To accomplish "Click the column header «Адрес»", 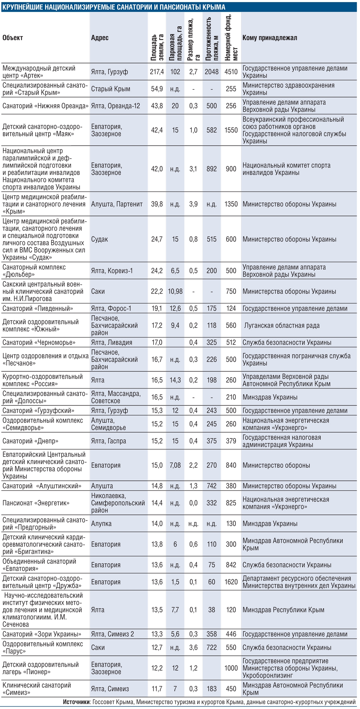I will click(100, 38).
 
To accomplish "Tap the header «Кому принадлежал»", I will click(270, 38).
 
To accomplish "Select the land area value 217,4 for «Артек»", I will click(157, 72).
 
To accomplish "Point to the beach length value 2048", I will click(211, 72).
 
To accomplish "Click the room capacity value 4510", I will click(231, 72).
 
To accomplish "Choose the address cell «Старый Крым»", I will click(111, 89).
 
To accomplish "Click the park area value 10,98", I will click(175, 291).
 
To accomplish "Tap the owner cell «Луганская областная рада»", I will click(282, 325).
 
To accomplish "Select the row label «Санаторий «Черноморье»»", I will click(39, 342).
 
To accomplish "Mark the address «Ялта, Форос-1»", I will click(111, 308).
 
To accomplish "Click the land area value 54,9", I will click(157, 89).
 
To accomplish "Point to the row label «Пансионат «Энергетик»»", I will click(36, 503).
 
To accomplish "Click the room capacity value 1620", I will click(231, 582).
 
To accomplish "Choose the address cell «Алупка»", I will click(101, 523).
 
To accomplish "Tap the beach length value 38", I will click(211, 610).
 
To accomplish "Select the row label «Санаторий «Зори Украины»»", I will click(42, 634).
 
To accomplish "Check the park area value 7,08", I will click(175, 465).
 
